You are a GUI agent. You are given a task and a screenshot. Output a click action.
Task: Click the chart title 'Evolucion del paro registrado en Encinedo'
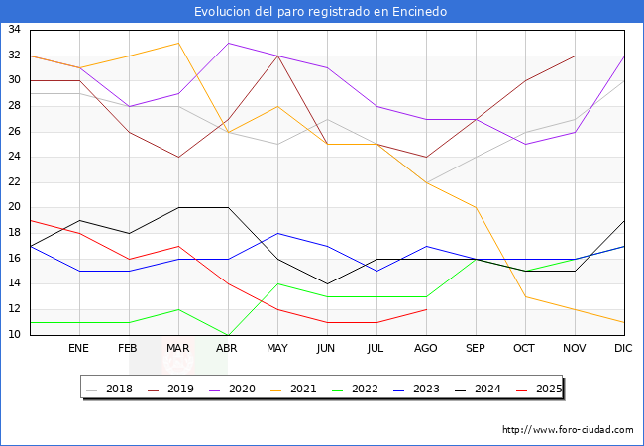click(x=321, y=12)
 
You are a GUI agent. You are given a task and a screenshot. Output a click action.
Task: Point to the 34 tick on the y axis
click(x=15, y=30)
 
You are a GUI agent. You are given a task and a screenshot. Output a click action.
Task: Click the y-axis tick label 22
click(x=15, y=182)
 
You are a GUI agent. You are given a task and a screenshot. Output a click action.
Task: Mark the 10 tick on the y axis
click(x=15, y=334)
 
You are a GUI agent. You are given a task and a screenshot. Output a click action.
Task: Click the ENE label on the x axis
click(x=79, y=349)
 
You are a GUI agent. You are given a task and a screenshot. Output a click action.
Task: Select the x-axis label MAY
click(x=277, y=349)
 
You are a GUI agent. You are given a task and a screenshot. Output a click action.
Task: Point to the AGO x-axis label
click(x=426, y=349)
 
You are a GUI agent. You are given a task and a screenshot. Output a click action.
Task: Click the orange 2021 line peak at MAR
click(x=178, y=43)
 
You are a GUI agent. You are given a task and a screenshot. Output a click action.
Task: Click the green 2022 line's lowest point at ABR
click(x=228, y=334)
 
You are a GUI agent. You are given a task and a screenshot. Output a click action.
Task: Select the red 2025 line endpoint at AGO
click(x=426, y=309)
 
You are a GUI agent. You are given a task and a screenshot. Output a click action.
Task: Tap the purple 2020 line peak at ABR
click(x=228, y=43)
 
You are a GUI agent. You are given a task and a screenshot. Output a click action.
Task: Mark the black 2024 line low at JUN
click(x=327, y=283)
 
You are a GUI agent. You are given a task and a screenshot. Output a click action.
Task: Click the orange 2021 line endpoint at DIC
click(x=624, y=322)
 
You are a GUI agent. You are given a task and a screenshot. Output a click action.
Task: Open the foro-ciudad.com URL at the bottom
click(x=568, y=430)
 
